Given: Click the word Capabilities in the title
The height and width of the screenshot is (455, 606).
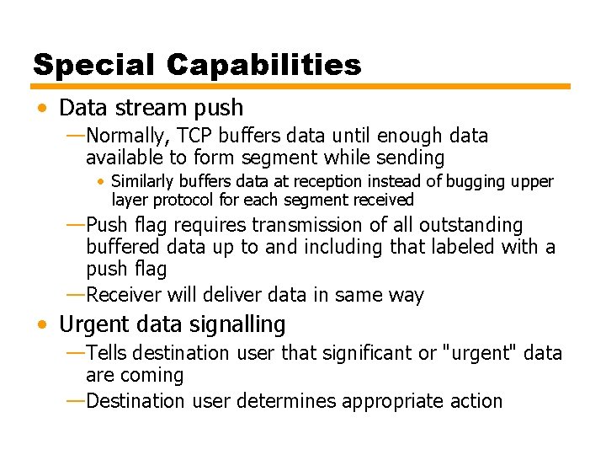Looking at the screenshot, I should tap(263, 65).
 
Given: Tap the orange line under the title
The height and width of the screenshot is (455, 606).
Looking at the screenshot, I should tap(301, 86).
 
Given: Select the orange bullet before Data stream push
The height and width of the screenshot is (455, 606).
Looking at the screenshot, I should tap(42, 109).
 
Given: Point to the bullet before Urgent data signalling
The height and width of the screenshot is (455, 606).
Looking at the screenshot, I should tap(42, 324).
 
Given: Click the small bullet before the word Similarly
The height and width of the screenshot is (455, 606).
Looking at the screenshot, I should tap(101, 182).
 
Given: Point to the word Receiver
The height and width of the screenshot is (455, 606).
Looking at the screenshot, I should tap(124, 295).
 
